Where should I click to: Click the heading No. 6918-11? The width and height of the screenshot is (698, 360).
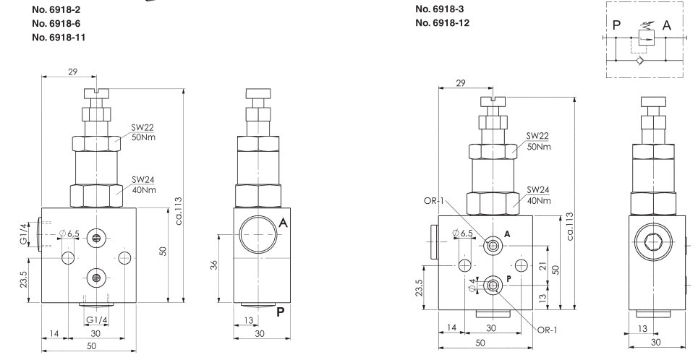[59, 38]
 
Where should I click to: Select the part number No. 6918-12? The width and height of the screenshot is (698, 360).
[442, 22]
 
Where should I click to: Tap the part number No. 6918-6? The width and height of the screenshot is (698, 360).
[56, 23]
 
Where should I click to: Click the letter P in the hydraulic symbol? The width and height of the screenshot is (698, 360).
[616, 25]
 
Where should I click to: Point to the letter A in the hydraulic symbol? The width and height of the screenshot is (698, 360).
[666, 25]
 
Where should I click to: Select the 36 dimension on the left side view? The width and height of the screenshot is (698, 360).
[213, 265]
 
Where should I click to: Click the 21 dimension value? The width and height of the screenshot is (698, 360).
[542, 265]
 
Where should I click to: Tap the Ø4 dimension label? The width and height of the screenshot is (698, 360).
[473, 285]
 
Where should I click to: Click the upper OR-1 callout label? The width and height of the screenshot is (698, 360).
[434, 200]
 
